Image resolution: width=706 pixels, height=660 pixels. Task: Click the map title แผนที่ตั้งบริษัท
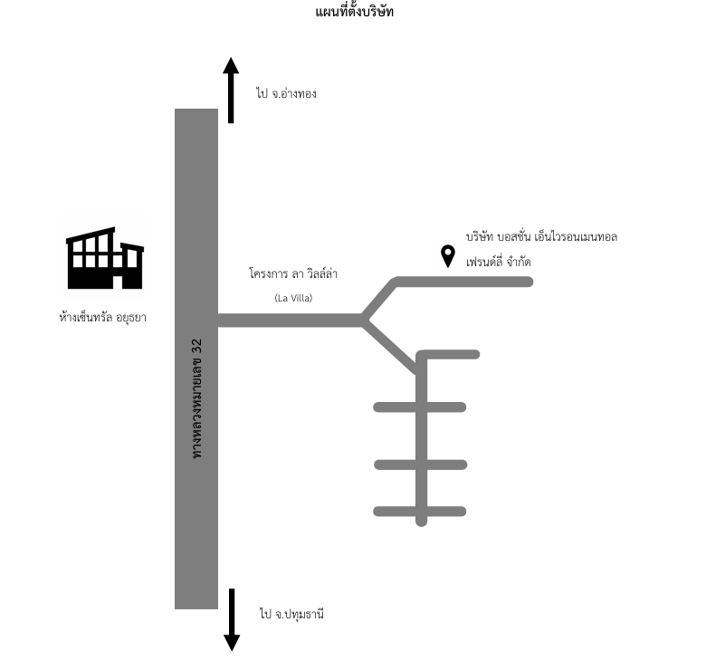click(x=355, y=12)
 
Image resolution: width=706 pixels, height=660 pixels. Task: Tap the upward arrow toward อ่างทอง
click(x=231, y=91)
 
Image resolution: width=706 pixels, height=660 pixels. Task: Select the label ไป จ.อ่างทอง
click(x=286, y=93)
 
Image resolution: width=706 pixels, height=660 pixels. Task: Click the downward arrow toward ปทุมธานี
click(x=232, y=619)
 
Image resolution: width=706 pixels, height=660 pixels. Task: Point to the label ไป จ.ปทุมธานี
click(x=291, y=615)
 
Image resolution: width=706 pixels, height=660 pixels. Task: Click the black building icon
click(x=104, y=259)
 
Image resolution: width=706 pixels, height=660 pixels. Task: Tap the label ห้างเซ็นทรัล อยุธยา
click(x=102, y=318)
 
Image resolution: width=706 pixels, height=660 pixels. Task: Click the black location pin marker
click(x=447, y=255)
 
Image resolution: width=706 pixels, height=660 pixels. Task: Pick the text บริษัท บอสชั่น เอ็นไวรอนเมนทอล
click(x=541, y=237)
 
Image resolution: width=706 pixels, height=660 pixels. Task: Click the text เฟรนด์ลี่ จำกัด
click(x=498, y=262)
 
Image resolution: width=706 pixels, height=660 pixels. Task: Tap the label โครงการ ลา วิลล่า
click(x=292, y=273)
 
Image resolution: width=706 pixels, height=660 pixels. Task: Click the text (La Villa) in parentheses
click(x=292, y=297)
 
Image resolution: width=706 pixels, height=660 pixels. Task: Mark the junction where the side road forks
click(x=364, y=320)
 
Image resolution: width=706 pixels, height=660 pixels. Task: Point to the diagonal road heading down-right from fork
click(x=391, y=346)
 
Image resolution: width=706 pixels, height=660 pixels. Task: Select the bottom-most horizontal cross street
click(x=420, y=512)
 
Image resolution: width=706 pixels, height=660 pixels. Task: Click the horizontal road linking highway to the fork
click(x=290, y=320)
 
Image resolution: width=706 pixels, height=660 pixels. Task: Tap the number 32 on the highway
click(x=197, y=347)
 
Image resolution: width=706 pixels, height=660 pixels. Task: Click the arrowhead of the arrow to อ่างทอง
click(x=231, y=67)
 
